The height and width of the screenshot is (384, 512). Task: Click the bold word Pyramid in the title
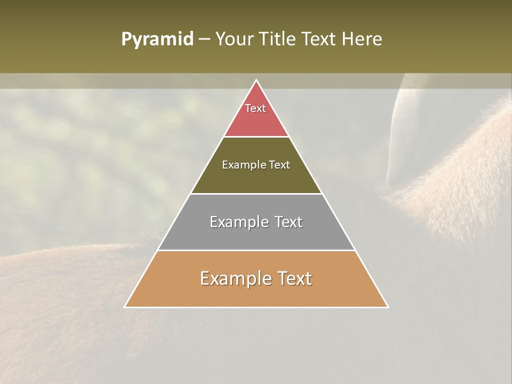click(157, 39)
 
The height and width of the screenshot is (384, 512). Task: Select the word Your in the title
click(234, 39)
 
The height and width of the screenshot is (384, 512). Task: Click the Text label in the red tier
click(255, 108)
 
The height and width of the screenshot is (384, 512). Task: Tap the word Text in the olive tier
click(279, 165)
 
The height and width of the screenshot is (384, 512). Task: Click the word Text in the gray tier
click(286, 222)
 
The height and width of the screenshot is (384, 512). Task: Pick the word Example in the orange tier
click(233, 278)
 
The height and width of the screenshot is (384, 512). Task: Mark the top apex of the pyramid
click(256, 81)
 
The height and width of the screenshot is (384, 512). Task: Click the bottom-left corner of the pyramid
click(125, 307)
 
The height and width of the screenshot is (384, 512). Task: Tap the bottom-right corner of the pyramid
click(387, 307)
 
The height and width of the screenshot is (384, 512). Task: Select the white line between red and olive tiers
click(256, 137)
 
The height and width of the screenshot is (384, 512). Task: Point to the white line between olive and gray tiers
click(256, 194)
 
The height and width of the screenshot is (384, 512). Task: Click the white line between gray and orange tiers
click(256, 250)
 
